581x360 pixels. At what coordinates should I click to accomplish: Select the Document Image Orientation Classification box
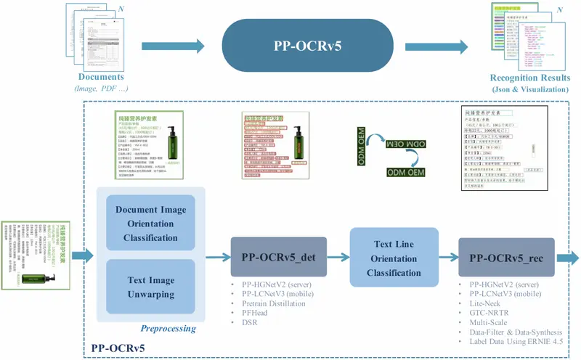[x=150, y=224]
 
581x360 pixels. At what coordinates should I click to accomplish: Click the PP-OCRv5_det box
[x=278, y=256]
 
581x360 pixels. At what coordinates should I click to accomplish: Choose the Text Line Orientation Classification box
[x=394, y=258]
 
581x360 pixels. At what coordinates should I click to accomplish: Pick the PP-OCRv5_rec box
[x=506, y=256]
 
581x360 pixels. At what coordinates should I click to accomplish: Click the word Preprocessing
[x=168, y=328]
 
